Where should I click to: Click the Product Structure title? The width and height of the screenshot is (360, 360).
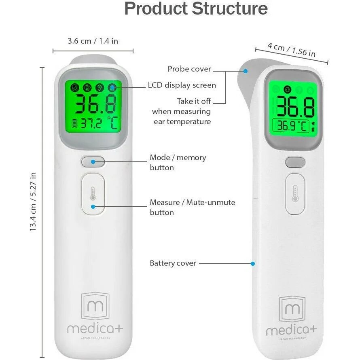tap(196, 9)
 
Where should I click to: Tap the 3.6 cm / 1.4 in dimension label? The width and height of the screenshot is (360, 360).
tap(93, 41)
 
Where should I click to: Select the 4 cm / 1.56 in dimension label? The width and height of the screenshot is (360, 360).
tap(292, 49)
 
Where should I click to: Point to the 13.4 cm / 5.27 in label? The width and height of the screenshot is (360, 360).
tap(33, 202)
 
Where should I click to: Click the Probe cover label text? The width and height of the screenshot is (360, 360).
tap(189, 69)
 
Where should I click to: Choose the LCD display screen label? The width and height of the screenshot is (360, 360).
tap(182, 85)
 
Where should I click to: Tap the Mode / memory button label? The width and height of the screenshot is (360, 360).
tap(178, 162)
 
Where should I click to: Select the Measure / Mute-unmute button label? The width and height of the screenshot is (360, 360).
tap(192, 207)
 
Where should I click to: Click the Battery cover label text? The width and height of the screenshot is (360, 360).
tap(173, 263)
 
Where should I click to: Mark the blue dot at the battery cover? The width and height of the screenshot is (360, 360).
tap(253, 263)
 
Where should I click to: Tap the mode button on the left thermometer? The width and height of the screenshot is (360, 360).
tap(93, 162)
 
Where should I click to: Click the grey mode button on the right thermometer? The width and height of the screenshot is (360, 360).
tap(295, 162)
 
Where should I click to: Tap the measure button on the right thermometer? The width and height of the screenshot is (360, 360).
tap(295, 194)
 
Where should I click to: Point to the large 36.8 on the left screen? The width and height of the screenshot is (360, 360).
tap(95, 105)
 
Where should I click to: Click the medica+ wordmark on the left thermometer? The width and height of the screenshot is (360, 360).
tap(95, 328)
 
